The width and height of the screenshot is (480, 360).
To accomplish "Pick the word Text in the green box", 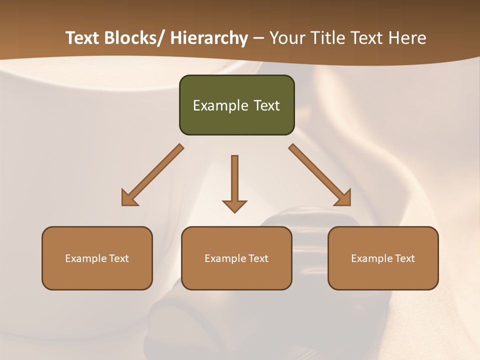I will [266, 105].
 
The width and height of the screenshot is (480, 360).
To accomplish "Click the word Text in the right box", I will [404, 258].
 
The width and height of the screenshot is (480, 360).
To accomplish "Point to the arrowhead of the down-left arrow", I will [128, 199].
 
